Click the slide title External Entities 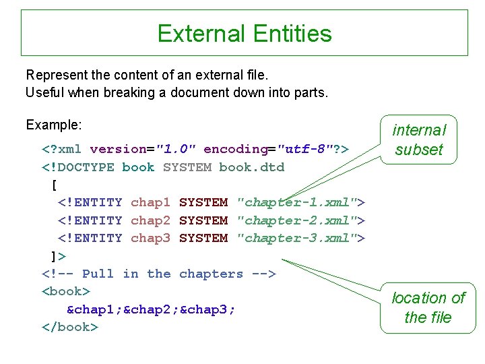click(x=244, y=34)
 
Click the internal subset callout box click(x=419, y=140)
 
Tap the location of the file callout click(x=428, y=307)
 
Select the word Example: click(x=54, y=125)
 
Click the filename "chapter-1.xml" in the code click(x=296, y=202)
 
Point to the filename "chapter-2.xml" click(x=296, y=220)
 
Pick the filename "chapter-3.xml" click(x=296, y=238)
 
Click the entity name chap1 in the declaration click(x=151, y=202)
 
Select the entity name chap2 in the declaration click(x=151, y=220)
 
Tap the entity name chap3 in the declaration click(x=151, y=238)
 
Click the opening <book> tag click(x=66, y=291)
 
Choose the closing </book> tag click(x=70, y=327)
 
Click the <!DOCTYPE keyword click(x=78, y=167)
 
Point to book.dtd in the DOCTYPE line click(x=252, y=167)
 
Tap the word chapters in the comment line click(x=211, y=274)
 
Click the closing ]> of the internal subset click(x=59, y=256)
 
